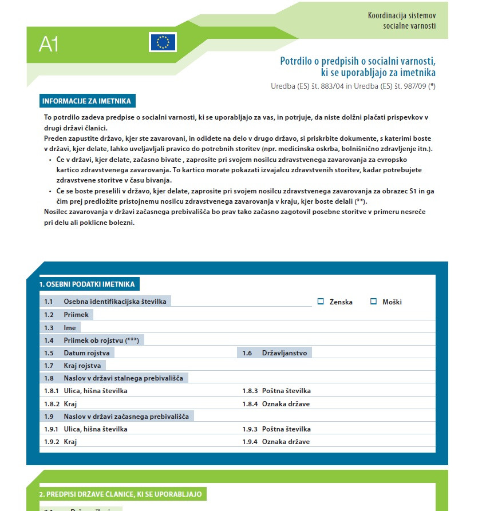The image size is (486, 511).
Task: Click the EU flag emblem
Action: [163, 42]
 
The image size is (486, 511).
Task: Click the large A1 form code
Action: [49, 44]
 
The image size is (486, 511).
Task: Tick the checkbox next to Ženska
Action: [321, 302]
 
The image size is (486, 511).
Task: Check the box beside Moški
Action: [373, 302]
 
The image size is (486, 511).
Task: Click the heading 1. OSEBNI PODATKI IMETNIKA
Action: [87, 284]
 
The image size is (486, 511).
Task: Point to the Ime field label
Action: [70, 328]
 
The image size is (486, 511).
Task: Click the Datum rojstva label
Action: [86, 353]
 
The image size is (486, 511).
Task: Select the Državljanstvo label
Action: [285, 353]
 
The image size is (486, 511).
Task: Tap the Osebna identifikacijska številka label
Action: [115, 302]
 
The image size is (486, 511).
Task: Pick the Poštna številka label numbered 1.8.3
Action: [286, 391]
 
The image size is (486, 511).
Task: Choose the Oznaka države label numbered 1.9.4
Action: [286, 442]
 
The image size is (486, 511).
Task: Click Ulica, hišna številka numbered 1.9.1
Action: [96, 429]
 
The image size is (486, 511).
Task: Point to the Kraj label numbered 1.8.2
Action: [70, 403]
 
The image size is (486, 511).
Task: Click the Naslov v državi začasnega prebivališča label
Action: [126, 416]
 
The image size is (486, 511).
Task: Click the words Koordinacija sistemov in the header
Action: [401, 15]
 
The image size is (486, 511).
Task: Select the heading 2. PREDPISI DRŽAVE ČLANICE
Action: [120, 494]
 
